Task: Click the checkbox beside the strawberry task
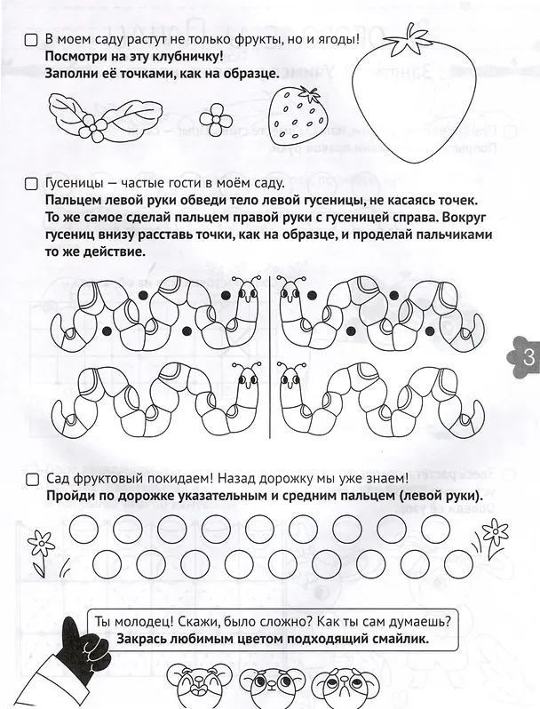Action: [31, 40]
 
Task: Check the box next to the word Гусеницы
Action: [31, 184]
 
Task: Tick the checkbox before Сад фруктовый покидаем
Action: [32, 479]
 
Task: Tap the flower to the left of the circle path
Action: [41, 548]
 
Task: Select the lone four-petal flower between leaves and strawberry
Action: [216, 118]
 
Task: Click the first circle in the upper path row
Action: [84, 527]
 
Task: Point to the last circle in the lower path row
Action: [457, 562]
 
